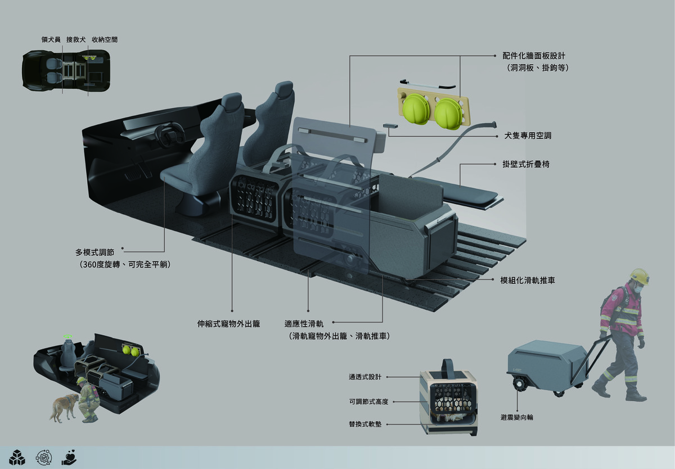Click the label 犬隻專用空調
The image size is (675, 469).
(528, 136)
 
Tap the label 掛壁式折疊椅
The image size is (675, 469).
(526, 164)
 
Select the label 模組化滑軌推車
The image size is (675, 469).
(528, 281)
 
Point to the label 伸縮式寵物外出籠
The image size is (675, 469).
(228, 324)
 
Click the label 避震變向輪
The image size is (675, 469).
(517, 417)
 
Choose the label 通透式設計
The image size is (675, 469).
(365, 377)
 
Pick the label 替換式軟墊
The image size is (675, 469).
(365, 424)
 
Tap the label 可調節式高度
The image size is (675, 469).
(368, 402)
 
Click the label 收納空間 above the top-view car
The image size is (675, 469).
(105, 40)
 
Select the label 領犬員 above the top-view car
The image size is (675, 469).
(51, 40)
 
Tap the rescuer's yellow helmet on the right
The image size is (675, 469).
(640, 277)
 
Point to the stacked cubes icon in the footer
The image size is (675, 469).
(17, 458)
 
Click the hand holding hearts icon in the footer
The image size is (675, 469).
(69, 458)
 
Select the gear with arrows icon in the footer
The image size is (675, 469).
(44, 458)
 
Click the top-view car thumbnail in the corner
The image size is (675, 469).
(66, 70)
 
